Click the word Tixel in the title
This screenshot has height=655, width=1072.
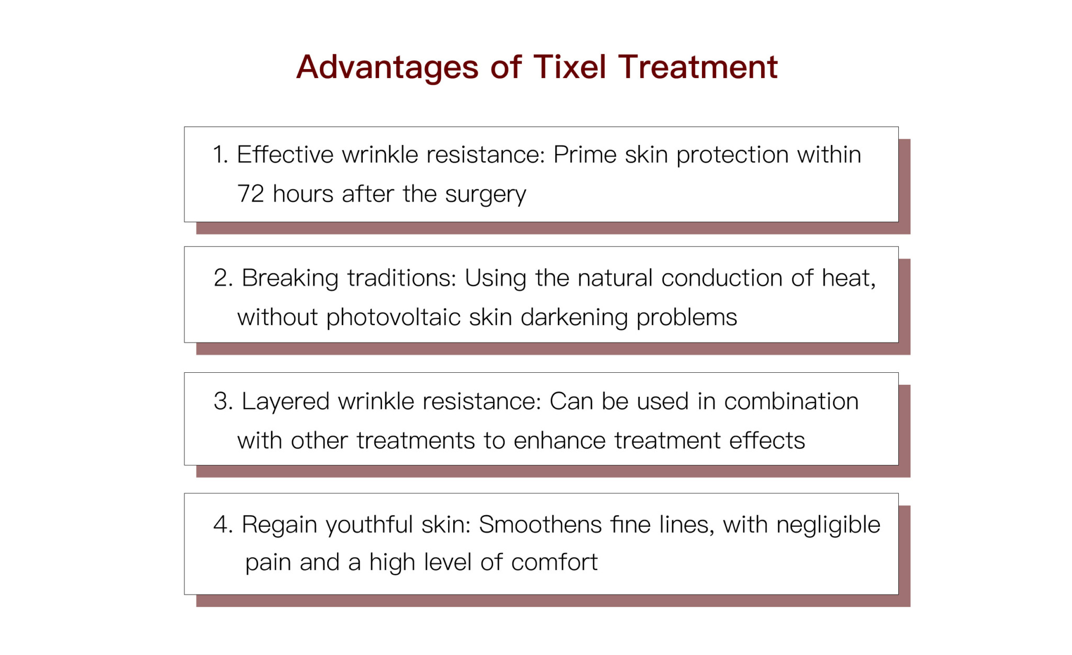pyautogui.click(x=569, y=67)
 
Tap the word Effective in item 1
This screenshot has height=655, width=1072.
pyautogui.click(x=285, y=154)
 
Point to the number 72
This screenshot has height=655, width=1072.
pyautogui.click(x=250, y=194)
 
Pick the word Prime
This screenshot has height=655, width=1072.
pyautogui.click(x=585, y=154)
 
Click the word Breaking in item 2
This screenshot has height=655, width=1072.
pyautogui.click(x=290, y=278)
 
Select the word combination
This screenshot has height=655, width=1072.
pyautogui.click(x=791, y=402)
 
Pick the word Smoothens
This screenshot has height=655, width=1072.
pyautogui.click(x=540, y=525)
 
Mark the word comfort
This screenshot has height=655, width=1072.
pyautogui.click(x=554, y=562)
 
